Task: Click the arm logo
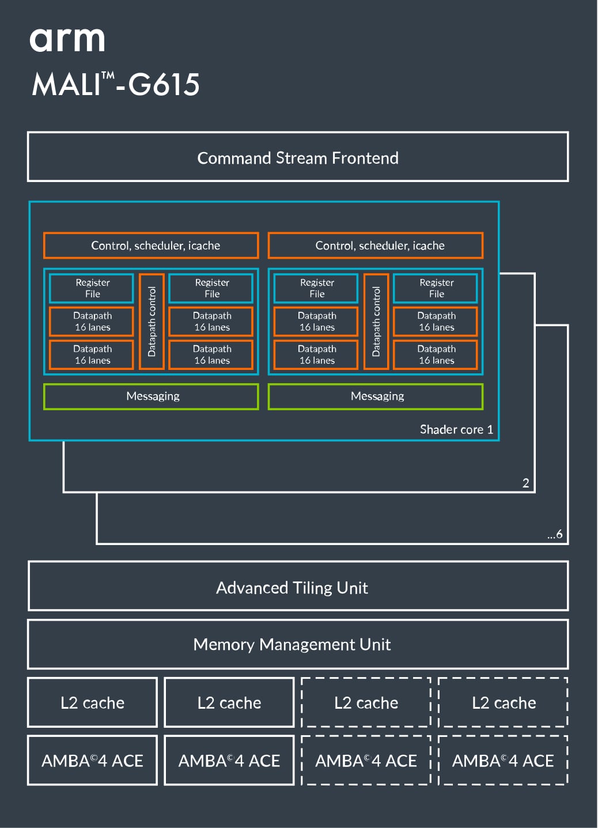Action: click(x=67, y=40)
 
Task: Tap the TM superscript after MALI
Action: click(x=108, y=75)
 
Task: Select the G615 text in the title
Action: click(x=164, y=85)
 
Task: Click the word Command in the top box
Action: click(x=234, y=158)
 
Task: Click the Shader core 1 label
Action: click(x=456, y=429)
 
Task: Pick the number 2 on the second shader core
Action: click(x=525, y=483)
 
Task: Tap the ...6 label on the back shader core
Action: click(x=555, y=534)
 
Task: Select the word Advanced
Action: click(x=252, y=588)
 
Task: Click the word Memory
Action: click(x=224, y=644)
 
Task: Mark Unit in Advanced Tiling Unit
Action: click(x=353, y=588)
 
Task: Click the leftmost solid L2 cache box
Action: click(x=92, y=703)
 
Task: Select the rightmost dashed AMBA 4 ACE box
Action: click(x=503, y=761)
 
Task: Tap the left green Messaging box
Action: click(x=151, y=396)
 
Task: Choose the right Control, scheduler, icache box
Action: click(x=376, y=245)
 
